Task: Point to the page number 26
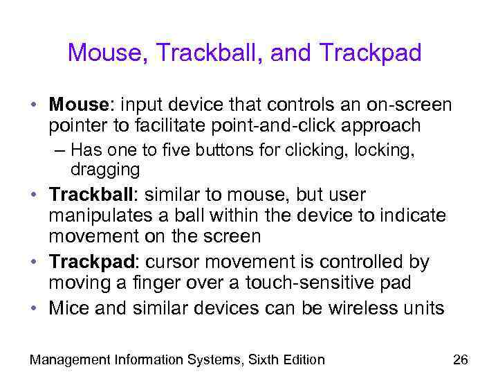pos(460,359)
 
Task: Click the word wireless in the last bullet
pos(360,308)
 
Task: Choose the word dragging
pos(105,168)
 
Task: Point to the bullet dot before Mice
pos(34,308)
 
